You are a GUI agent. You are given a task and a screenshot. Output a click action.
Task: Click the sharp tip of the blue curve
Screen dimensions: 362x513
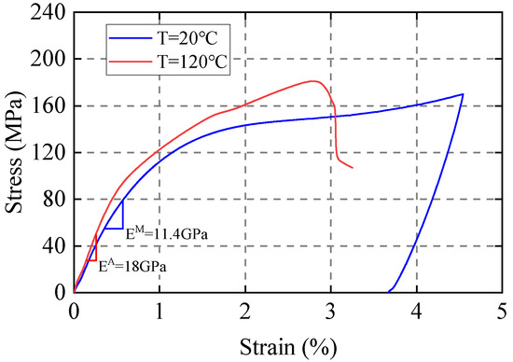(x=463, y=94)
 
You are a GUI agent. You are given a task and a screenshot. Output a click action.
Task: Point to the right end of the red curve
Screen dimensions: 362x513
(x=353, y=168)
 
